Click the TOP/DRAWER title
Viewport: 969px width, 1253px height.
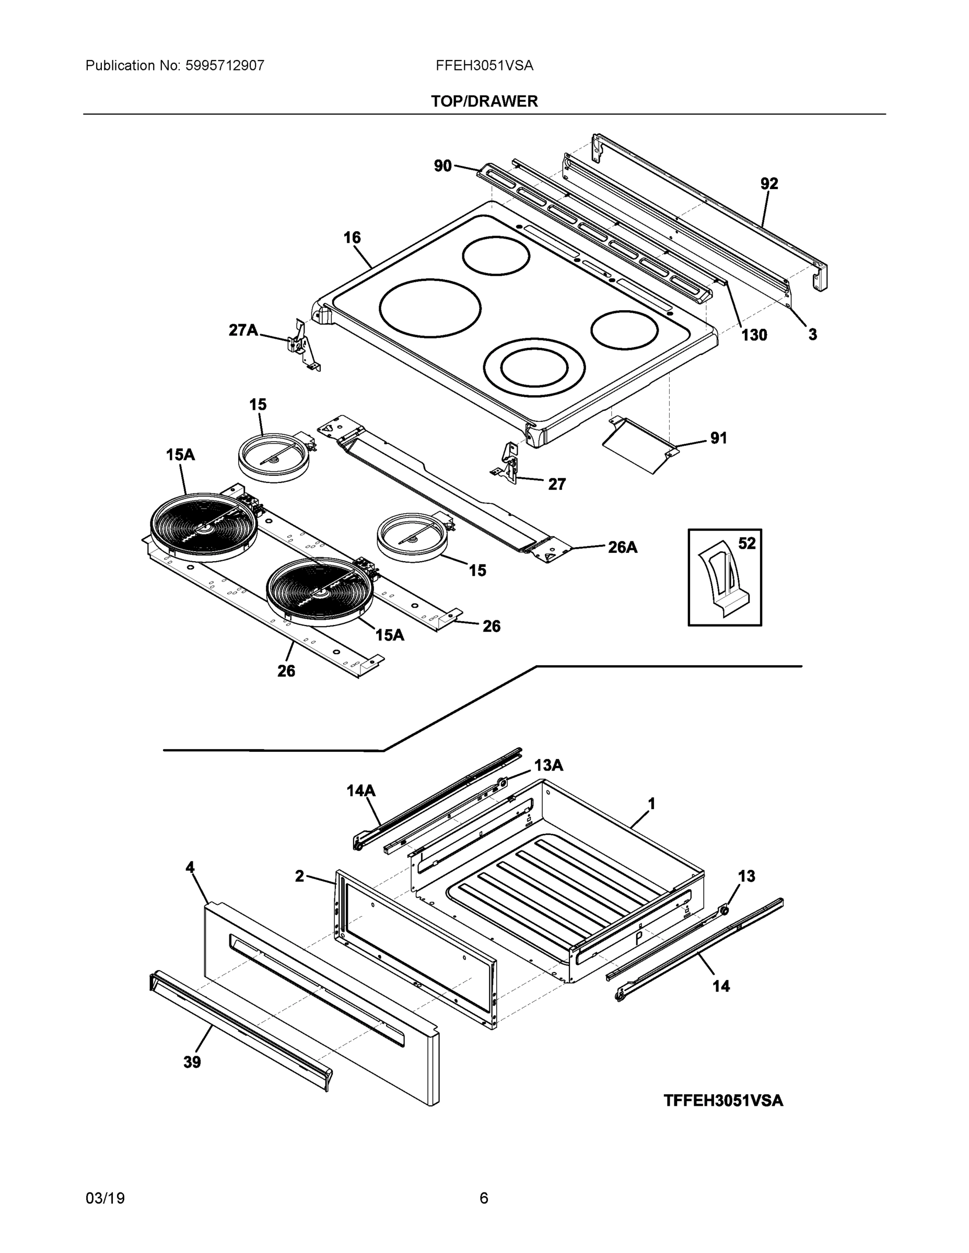pos(484,102)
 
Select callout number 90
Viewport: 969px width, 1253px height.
pos(442,167)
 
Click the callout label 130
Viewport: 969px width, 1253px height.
pos(754,335)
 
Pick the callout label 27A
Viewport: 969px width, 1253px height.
pos(243,330)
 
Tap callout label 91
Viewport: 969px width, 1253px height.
pos(718,439)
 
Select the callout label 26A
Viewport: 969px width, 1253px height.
pos(623,547)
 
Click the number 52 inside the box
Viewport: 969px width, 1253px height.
pos(746,543)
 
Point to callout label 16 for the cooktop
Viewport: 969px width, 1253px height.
pos(352,238)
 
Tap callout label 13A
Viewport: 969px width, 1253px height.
pos(548,765)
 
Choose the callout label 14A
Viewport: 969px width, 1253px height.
pos(360,790)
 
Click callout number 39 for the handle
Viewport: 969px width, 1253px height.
pos(192,1062)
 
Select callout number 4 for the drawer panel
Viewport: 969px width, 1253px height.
pos(190,868)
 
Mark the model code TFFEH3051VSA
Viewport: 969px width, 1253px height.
pos(723,1101)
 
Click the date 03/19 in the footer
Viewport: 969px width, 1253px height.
pos(105,1199)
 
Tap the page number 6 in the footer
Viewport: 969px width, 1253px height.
pos(483,1199)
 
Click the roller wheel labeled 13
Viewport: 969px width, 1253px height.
pos(724,910)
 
